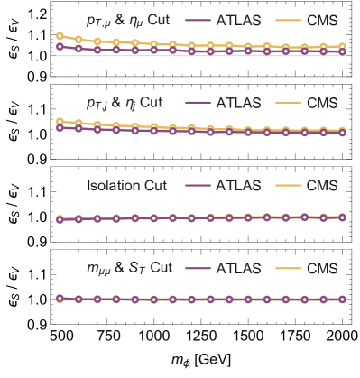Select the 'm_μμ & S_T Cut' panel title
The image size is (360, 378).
(x=125, y=269)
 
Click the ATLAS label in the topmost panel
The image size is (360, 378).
(x=237, y=20)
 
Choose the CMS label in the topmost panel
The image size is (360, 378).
(x=321, y=20)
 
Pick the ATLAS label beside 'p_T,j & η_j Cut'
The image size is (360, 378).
(x=237, y=103)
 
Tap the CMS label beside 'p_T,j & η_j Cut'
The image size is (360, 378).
(x=321, y=103)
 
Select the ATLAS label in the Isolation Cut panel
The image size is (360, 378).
(x=237, y=186)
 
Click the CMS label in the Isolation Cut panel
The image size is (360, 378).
(x=321, y=186)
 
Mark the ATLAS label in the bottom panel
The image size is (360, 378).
(x=237, y=269)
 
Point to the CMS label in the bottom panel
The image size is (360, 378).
(x=321, y=269)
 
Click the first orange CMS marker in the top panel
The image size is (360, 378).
(x=60, y=37)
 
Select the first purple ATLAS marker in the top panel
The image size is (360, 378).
(x=60, y=46)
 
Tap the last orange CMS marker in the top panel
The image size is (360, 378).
(x=343, y=46)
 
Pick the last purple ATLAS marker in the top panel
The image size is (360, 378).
(x=343, y=52)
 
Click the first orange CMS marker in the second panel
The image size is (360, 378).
(x=60, y=121)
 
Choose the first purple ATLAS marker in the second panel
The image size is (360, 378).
(x=60, y=127)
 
